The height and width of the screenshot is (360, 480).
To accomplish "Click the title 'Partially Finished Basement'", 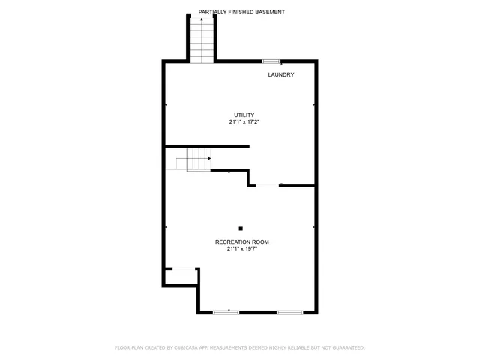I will (x=241, y=12).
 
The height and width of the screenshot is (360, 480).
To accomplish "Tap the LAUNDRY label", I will (x=281, y=74).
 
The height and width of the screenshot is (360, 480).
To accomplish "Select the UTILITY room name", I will (x=244, y=115).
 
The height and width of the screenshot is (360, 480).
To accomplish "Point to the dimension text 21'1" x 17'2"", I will (x=244, y=122).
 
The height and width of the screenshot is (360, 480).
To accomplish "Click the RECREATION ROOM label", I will (x=241, y=241).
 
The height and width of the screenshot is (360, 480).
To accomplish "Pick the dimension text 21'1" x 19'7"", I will (x=241, y=249).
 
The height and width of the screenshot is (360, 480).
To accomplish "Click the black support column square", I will (x=241, y=228).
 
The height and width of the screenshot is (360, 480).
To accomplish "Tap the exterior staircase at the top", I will (x=201, y=41).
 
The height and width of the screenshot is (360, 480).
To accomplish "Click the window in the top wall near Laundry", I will (x=271, y=61).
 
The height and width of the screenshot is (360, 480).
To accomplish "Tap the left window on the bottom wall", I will (x=226, y=311).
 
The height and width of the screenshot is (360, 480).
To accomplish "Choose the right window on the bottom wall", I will (x=289, y=311).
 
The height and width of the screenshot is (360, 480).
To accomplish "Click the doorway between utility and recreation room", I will (x=267, y=185).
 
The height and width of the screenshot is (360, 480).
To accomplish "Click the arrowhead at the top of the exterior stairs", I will (x=201, y=19).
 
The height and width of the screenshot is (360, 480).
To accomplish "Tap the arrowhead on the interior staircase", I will (x=209, y=158).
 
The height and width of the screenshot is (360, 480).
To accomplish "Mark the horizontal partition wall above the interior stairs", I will (x=207, y=146).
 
